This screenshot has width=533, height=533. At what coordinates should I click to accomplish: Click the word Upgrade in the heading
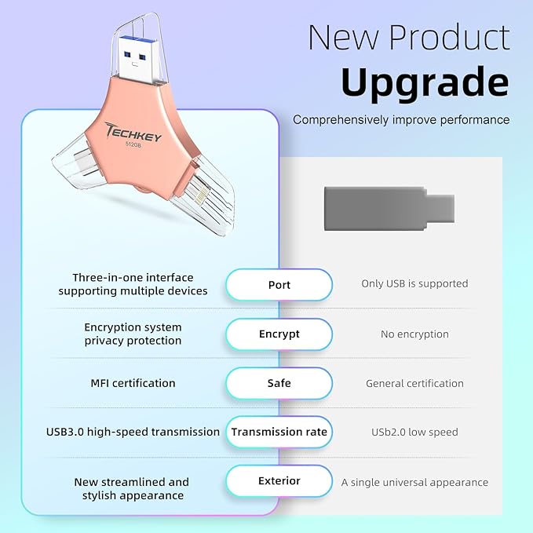425,82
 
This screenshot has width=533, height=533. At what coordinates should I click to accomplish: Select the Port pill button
279,284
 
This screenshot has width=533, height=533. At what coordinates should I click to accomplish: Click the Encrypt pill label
279,334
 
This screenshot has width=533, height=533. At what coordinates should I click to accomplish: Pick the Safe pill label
279,383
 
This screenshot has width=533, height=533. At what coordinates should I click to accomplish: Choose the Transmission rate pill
279,432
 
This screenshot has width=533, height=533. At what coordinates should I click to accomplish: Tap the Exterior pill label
279,480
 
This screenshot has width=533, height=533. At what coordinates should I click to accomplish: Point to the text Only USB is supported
414,283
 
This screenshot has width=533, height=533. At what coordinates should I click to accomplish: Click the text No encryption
414,334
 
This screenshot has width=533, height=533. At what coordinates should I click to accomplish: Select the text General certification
414,383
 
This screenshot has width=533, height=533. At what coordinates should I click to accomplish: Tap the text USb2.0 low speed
414,432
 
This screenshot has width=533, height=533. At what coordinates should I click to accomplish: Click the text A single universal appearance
414,482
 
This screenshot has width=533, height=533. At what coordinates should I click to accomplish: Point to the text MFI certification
133,383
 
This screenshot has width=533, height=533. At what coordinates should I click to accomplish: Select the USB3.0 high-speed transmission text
133,432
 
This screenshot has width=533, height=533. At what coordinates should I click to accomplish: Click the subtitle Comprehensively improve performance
401,119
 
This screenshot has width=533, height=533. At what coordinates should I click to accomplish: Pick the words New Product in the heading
408,38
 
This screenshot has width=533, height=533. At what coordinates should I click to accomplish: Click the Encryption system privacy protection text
133,334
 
